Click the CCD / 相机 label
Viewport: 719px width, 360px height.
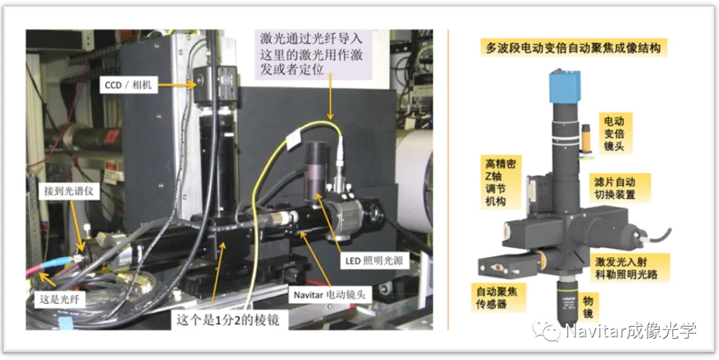pyautogui.click(x=130, y=85)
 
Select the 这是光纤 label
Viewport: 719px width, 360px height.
pyautogui.click(x=61, y=299)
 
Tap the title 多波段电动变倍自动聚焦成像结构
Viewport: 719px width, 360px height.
pyautogui.click(x=574, y=49)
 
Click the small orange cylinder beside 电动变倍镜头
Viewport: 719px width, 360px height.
pyautogui.click(x=587, y=138)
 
